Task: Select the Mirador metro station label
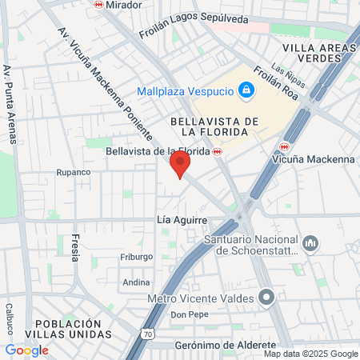coord(122,5)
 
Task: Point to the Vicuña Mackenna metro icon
coord(285,146)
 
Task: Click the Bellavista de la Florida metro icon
coord(217,151)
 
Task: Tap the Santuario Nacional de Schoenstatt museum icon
coord(311,242)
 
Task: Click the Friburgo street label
coord(136,257)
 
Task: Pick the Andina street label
coord(136,282)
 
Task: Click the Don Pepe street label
coord(190,314)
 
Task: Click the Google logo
coord(26,350)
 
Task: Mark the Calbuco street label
coord(10,319)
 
